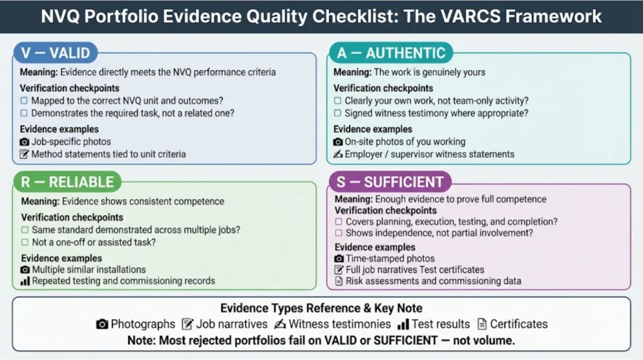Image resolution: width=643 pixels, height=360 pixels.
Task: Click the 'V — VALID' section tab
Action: (55, 53)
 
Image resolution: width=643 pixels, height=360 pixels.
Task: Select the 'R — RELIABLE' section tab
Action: (66, 182)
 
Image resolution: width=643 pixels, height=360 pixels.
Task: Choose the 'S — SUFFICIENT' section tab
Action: (389, 182)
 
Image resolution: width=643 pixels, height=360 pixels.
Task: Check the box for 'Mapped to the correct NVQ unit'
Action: (24, 101)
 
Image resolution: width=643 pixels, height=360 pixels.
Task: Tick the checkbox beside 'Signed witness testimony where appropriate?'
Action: (338, 113)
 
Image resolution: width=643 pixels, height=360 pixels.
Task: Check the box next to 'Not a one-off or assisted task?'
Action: (25, 243)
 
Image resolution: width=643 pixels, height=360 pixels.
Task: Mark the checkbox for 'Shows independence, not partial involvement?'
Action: (339, 233)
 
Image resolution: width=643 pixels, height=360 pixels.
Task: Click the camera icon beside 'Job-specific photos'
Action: (24, 142)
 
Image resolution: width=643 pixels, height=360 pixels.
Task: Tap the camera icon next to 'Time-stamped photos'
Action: (339, 258)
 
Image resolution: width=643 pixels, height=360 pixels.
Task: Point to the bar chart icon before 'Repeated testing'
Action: (25, 281)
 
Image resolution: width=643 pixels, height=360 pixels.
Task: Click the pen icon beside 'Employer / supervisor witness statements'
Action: (338, 154)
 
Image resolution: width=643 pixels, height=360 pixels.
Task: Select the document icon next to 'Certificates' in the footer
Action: (482, 324)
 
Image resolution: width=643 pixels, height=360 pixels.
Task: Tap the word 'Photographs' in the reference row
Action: (143, 324)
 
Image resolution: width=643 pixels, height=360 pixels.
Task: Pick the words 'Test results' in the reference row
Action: (440, 324)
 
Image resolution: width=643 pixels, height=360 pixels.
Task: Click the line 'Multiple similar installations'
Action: (89, 270)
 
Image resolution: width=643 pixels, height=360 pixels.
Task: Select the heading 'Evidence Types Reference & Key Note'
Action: (321, 308)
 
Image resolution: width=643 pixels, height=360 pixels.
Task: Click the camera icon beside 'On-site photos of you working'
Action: (338, 142)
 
